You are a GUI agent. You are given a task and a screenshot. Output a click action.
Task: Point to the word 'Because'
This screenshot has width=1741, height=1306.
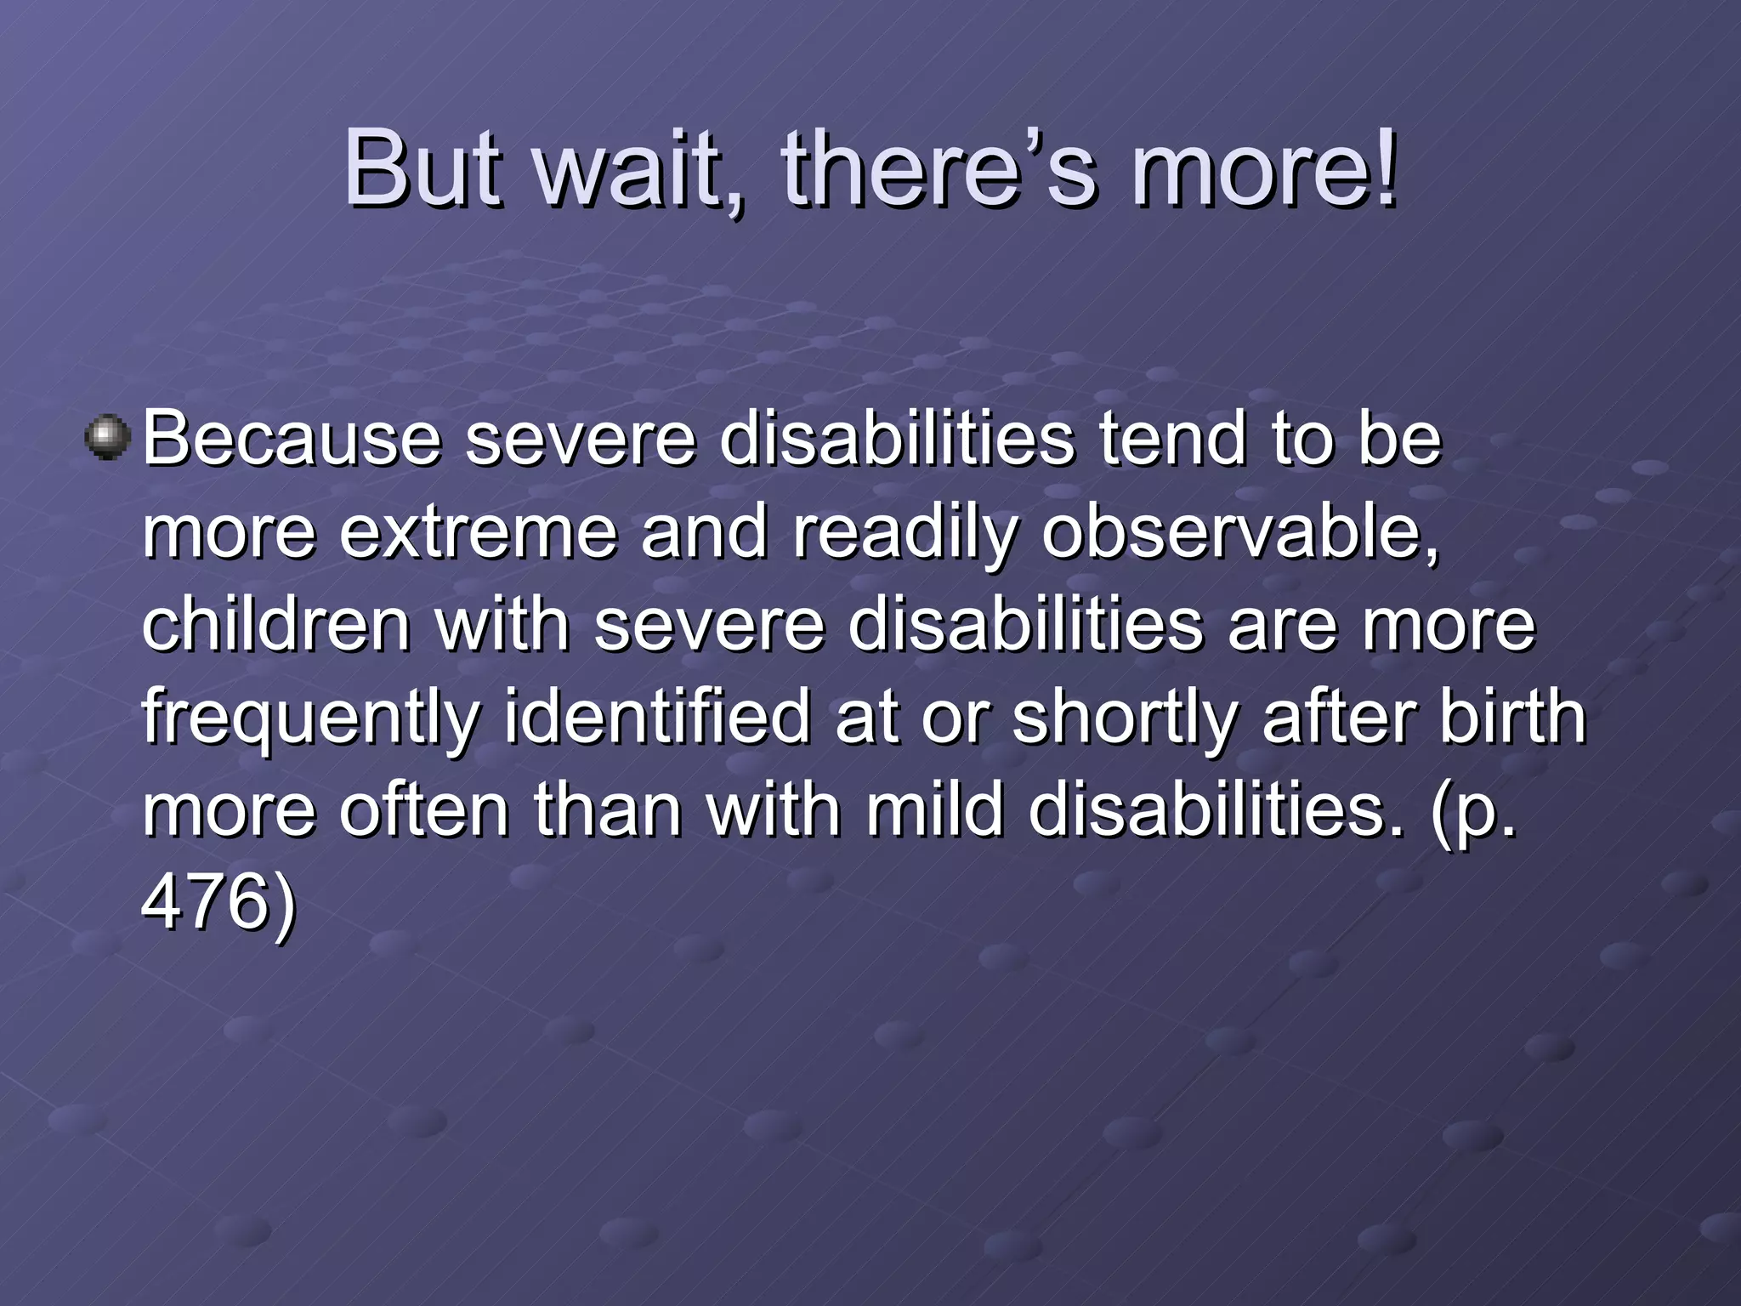tap(292, 439)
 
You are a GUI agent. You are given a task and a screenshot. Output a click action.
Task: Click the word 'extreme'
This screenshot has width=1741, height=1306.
tap(478, 532)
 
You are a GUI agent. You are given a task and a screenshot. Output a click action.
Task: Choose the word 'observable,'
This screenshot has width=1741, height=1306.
tap(1241, 532)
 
